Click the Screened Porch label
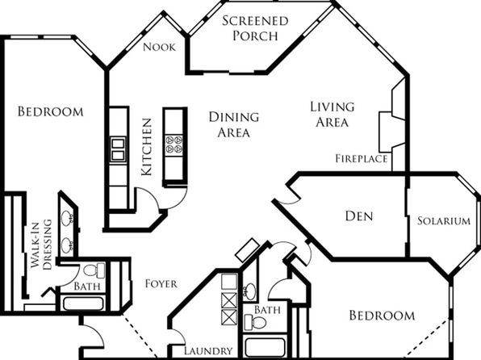[255, 28]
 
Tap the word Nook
[159, 48]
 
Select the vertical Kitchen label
[147, 147]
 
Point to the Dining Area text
[234, 125]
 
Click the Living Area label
[333, 115]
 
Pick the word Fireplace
[362, 159]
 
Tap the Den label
[359, 216]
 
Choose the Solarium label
[444, 221]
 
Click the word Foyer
[161, 284]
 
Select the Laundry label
[208, 351]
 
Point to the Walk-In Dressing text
[41, 245]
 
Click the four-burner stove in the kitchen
[174, 144]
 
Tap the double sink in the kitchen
[118, 149]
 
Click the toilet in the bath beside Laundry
[255, 322]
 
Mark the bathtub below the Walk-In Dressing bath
[83, 303]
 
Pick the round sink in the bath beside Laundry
[250, 290]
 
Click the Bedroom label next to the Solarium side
[382, 316]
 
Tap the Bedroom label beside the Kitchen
[51, 111]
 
